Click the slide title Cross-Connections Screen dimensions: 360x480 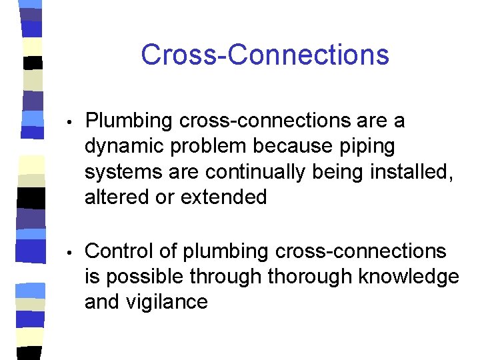265,55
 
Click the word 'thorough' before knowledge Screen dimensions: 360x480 311,277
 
